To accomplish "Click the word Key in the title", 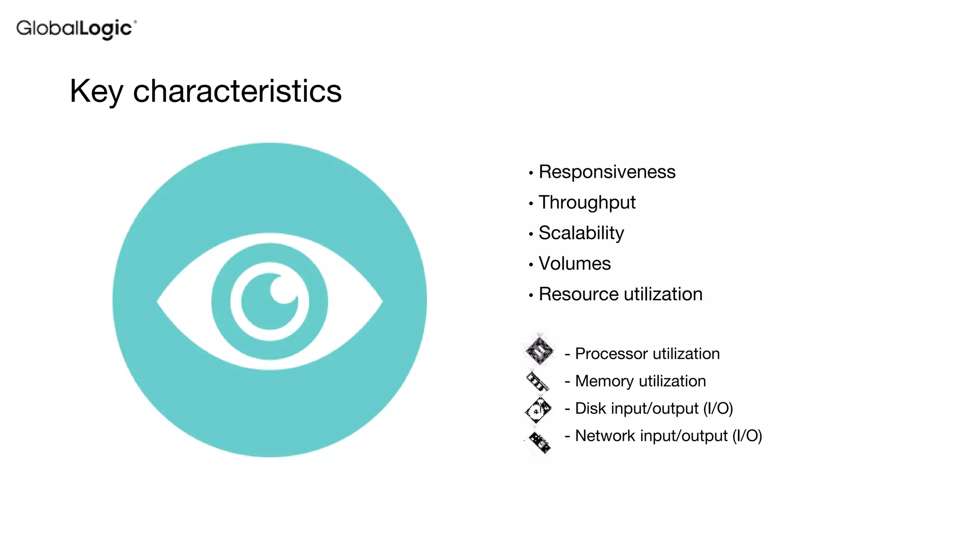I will click(x=96, y=91).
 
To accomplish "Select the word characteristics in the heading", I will click(x=237, y=91).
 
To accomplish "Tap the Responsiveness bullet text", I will click(x=606, y=172).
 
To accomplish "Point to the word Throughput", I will click(x=587, y=203).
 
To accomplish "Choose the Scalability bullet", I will click(x=581, y=233).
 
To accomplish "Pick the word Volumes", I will click(x=574, y=264).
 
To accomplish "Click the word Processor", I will click(x=611, y=354).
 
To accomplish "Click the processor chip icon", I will click(x=540, y=351).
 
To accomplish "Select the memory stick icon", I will click(x=538, y=381).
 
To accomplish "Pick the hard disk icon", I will click(x=538, y=410).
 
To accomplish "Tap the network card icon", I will click(x=540, y=442).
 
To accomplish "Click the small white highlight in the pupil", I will click(x=283, y=288).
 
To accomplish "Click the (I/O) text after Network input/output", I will click(x=747, y=436).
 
